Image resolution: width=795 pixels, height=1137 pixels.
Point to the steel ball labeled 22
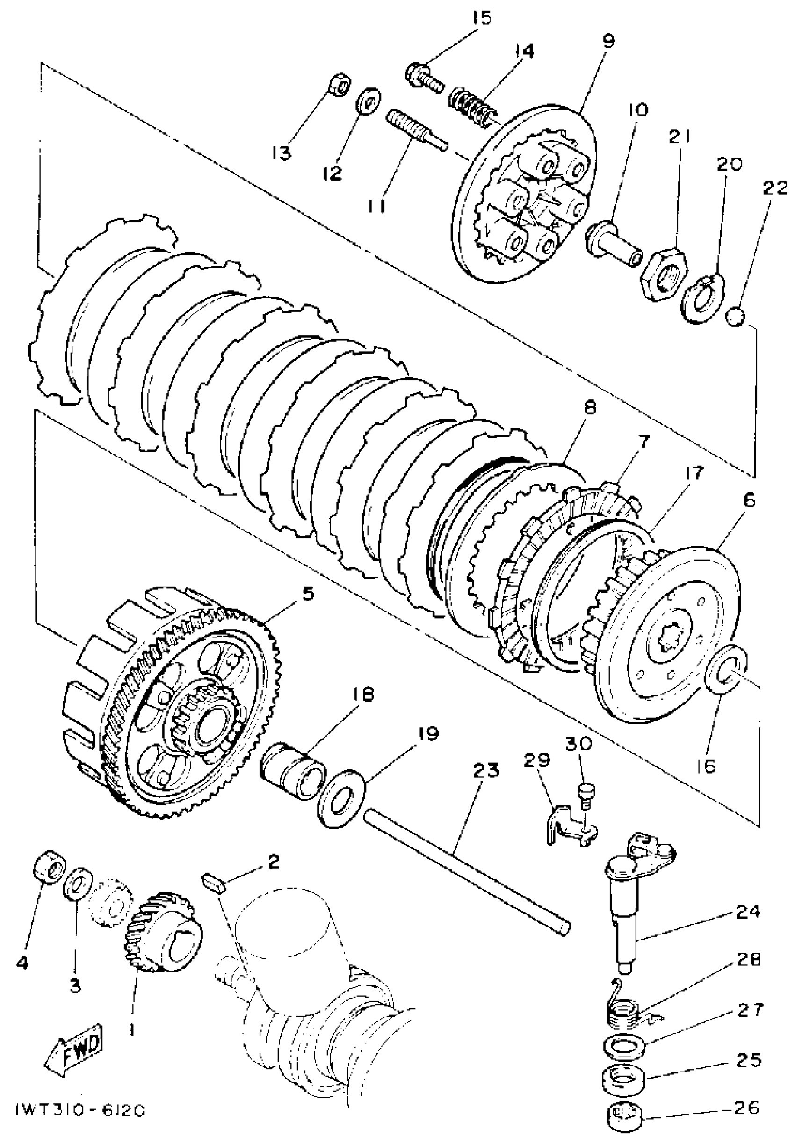point(736,316)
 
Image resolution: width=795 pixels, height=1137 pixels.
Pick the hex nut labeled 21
point(665,275)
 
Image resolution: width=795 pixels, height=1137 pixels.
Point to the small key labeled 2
point(214,883)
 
